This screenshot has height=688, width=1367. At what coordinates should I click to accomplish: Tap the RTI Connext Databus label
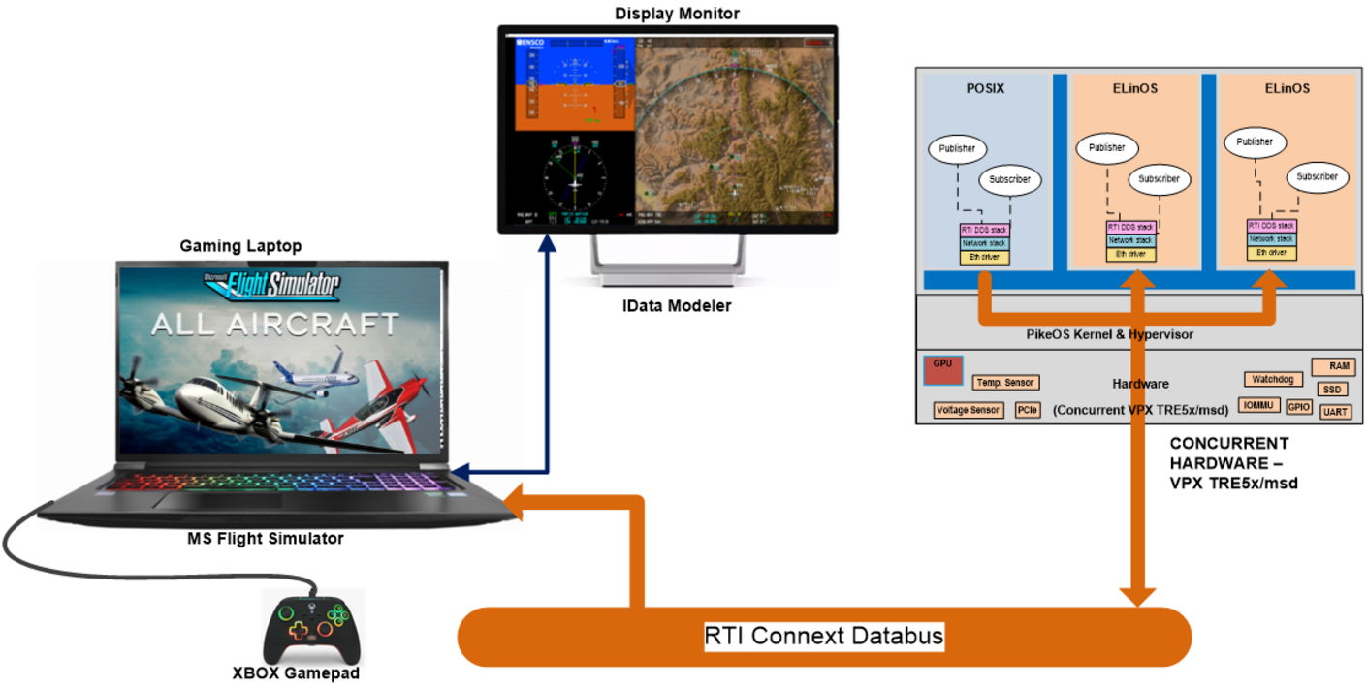click(x=824, y=637)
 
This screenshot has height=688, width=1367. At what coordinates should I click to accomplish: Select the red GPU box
click(x=942, y=369)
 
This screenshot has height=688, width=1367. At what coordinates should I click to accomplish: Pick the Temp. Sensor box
click(x=1005, y=383)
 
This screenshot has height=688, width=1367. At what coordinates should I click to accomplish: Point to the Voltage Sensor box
click(x=968, y=410)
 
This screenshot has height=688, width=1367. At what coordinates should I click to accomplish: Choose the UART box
click(x=1335, y=412)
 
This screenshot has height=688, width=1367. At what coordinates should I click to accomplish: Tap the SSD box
click(x=1332, y=390)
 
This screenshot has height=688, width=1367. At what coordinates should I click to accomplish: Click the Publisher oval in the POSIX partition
click(x=958, y=149)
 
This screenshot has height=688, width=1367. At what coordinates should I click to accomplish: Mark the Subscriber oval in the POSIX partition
click(x=1010, y=179)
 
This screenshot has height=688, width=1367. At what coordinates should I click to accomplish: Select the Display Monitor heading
click(x=663, y=13)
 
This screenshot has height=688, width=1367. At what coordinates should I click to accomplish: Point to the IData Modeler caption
click(x=676, y=306)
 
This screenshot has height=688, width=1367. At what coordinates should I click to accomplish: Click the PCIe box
click(x=1027, y=410)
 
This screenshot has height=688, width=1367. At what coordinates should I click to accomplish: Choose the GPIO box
click(x=1299, y=407)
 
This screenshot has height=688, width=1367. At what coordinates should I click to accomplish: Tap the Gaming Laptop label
click(x=240, y=246)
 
